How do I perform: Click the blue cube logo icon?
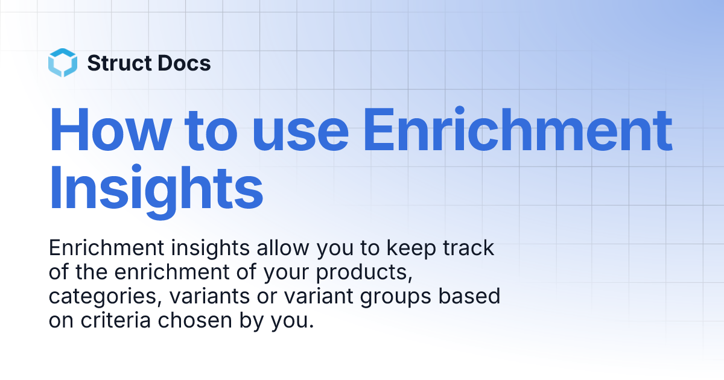pyautogui.click(x=63, y=63)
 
